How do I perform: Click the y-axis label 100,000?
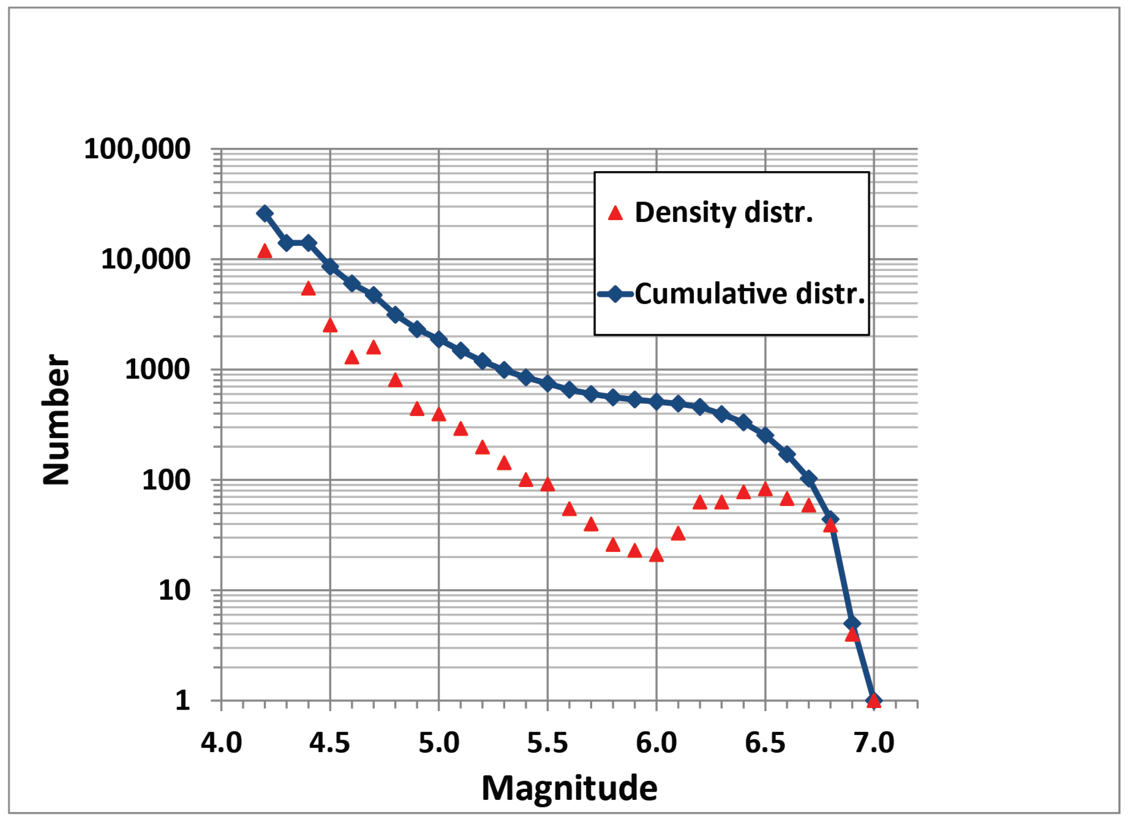tap(137, 149)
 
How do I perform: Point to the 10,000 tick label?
tap(145, 259)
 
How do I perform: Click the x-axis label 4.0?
tap(221, 743)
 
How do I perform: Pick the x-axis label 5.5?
tap(547, 743)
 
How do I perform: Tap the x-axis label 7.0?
tap(874, 743)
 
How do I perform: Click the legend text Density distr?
tap(724, 213)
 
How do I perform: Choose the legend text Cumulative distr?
tap(750, 294)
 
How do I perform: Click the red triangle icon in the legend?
tap(616, 214)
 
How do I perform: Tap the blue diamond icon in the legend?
tap(616, 294)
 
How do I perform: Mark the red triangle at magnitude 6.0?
tap(656, 554)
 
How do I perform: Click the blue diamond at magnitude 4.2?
tap(265, 213)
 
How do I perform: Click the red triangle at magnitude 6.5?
tap(765, 489)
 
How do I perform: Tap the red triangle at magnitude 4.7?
tap(373, 348)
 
